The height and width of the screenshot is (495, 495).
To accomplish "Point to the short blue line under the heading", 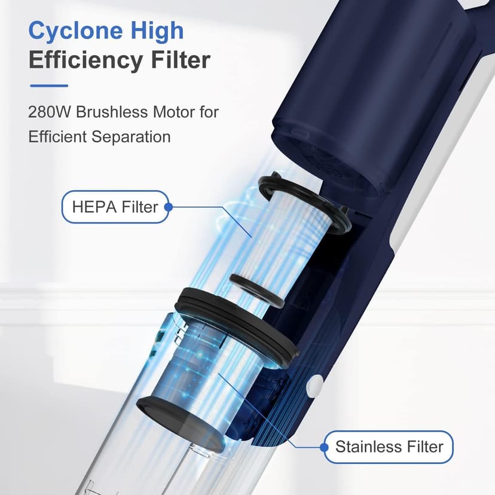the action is (49, 85).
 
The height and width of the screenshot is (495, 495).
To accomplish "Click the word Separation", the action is (131, 137).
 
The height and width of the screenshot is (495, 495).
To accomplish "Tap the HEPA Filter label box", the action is (115, 207).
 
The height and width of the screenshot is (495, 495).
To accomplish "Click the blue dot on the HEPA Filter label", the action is (169, 207).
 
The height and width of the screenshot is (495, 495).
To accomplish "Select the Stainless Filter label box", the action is (389, 447).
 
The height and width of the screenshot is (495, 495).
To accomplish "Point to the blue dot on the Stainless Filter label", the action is (324, 447).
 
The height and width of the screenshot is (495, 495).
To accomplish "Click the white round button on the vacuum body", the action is (315, 387).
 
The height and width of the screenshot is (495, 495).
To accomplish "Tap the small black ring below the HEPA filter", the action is (256, 291).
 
